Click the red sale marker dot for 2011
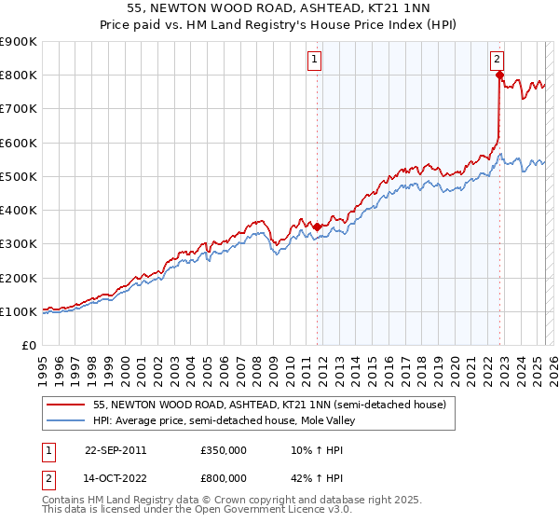(x=318, y=227)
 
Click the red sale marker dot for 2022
(x=499, y=75)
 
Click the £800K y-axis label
(x=19, y=75)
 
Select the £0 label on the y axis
(x=28, y=345)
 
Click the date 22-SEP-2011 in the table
(x=116, y=449)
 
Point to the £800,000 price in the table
(x=224, y=479)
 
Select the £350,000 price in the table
(x=224, y=449)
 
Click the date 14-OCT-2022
(x=116, y=479)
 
